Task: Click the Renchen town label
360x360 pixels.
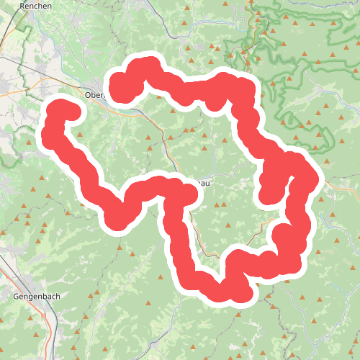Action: pos(31,5)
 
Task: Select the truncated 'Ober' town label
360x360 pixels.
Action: pos(94,94)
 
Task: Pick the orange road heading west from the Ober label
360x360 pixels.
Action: pos(36,91)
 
